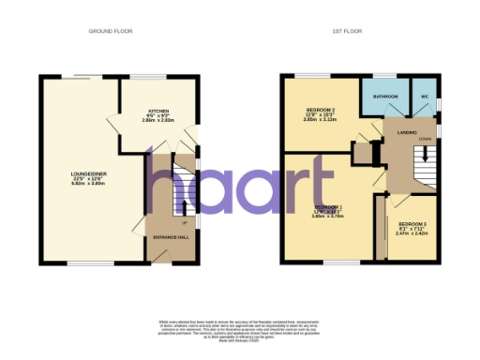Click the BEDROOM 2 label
pyautogui.click(x=321, y=111)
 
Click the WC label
pyautogui.click(x=425, y=97)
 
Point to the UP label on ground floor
pyautogui.click(x=184, y=223)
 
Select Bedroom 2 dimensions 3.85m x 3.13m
pyautogui.click(x=321, y=122)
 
